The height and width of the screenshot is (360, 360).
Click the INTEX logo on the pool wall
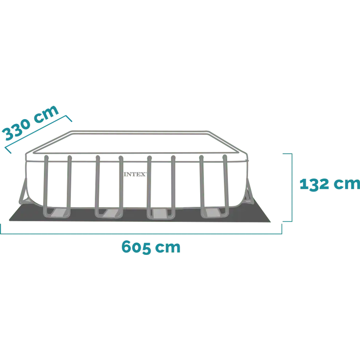click(x=135, y=174)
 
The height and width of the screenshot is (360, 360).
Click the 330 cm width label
click(x=31, y=123)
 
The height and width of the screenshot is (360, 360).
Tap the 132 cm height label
click(x=330, y=184)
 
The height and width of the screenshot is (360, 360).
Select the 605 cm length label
click(x=151, y=247)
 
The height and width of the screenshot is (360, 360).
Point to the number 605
click(x=136, y=247)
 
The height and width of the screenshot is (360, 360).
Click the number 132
click(x=314, y=184)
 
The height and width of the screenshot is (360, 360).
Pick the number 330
click(x=17, y=130)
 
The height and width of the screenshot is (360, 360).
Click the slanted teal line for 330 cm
click(x=39, y=134)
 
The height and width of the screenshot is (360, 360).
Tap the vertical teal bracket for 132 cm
click(x=292, y=188)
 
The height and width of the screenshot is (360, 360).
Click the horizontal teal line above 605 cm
click(x=141, y=234)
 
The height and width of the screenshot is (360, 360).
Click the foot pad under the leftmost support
click(x=59, y=212)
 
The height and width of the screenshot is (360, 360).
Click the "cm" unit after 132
click(x=347, y=184)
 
